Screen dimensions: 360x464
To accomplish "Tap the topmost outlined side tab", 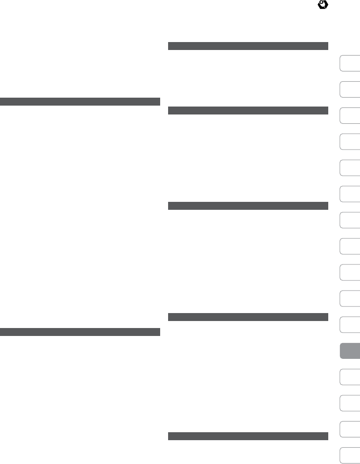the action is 350,63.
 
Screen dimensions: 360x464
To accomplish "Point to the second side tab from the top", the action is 350,89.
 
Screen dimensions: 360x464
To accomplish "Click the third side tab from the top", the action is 350,115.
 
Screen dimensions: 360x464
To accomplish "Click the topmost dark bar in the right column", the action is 248,46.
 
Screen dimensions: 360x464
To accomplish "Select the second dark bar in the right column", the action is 248,111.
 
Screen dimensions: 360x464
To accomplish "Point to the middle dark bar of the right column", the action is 248,206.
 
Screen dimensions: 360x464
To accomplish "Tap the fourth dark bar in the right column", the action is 248,317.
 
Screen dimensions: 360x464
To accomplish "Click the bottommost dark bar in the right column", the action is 248,436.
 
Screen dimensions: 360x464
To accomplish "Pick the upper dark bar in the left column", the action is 80,101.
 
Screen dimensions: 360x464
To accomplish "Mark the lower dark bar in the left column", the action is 80,332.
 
